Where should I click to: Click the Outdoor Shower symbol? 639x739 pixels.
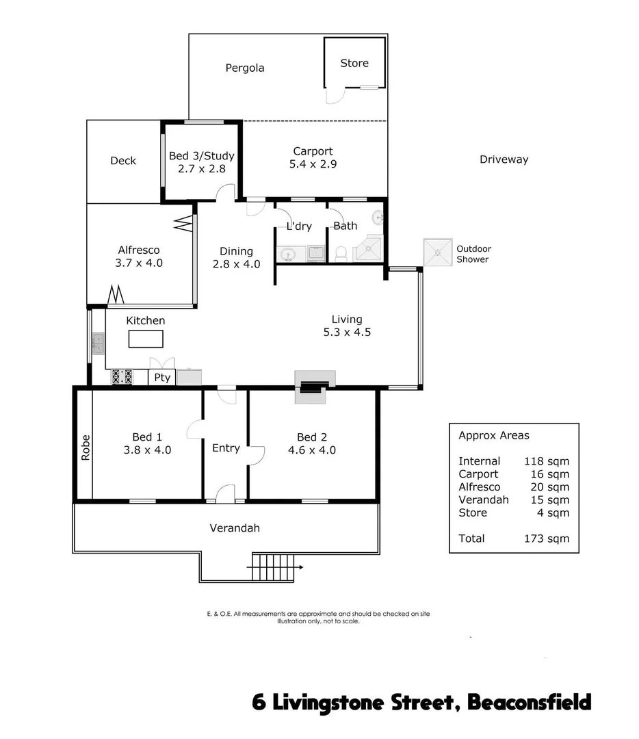437,252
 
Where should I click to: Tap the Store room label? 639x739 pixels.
354,63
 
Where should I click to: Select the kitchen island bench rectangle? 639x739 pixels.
146,339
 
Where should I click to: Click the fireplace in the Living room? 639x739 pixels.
314,387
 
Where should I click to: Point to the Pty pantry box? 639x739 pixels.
161,378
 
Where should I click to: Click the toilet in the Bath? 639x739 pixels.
342,254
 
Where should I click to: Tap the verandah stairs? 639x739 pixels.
277,567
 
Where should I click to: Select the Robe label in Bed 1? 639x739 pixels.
86,449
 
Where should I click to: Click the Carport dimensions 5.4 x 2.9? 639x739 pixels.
313,164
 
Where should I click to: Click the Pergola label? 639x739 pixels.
245,68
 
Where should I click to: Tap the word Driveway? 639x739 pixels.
504,159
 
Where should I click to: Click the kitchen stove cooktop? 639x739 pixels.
122,377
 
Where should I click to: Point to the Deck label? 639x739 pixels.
123,161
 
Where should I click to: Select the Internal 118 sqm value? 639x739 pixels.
546,461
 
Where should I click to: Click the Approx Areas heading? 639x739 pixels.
493,435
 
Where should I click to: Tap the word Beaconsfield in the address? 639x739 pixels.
529,703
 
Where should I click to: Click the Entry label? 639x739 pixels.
226,448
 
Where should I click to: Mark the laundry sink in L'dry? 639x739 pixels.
289,255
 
